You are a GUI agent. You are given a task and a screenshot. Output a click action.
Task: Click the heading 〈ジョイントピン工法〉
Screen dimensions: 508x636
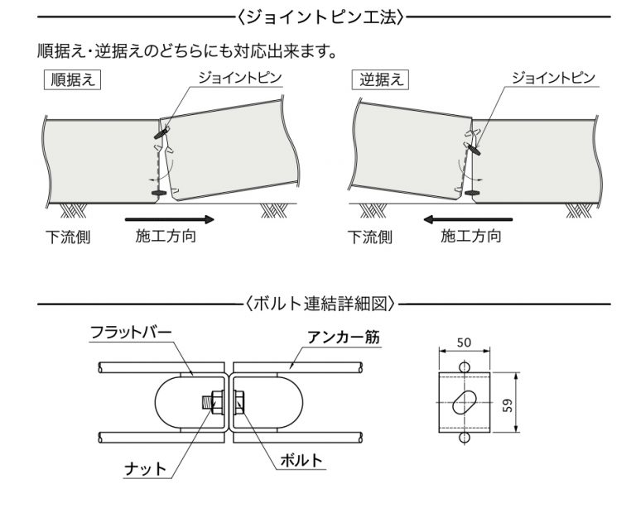pos(318,16)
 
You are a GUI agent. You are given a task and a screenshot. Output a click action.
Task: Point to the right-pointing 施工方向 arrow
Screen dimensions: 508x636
pos(169,220)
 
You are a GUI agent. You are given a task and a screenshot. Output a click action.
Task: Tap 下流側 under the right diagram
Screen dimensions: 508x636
pos(369,238)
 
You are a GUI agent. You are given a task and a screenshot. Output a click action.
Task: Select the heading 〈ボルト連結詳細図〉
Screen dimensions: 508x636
pos(318,304)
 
